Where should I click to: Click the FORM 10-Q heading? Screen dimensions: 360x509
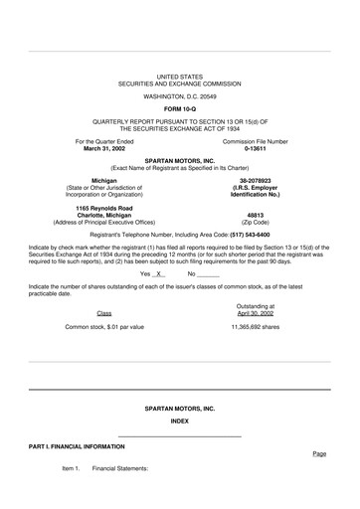coord(179,107)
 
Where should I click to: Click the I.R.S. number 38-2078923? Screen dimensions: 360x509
coord(255,180)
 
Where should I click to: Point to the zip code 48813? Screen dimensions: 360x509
coord(255,214)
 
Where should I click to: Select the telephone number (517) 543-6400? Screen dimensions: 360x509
coord(242,234)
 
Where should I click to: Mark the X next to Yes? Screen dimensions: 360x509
coord(159,273)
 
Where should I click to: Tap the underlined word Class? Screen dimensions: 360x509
coord(104,312)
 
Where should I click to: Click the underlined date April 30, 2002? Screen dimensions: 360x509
coord(256,312)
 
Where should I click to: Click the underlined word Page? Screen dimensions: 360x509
coord(319,453)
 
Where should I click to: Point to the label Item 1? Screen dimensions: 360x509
coord(71,467)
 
